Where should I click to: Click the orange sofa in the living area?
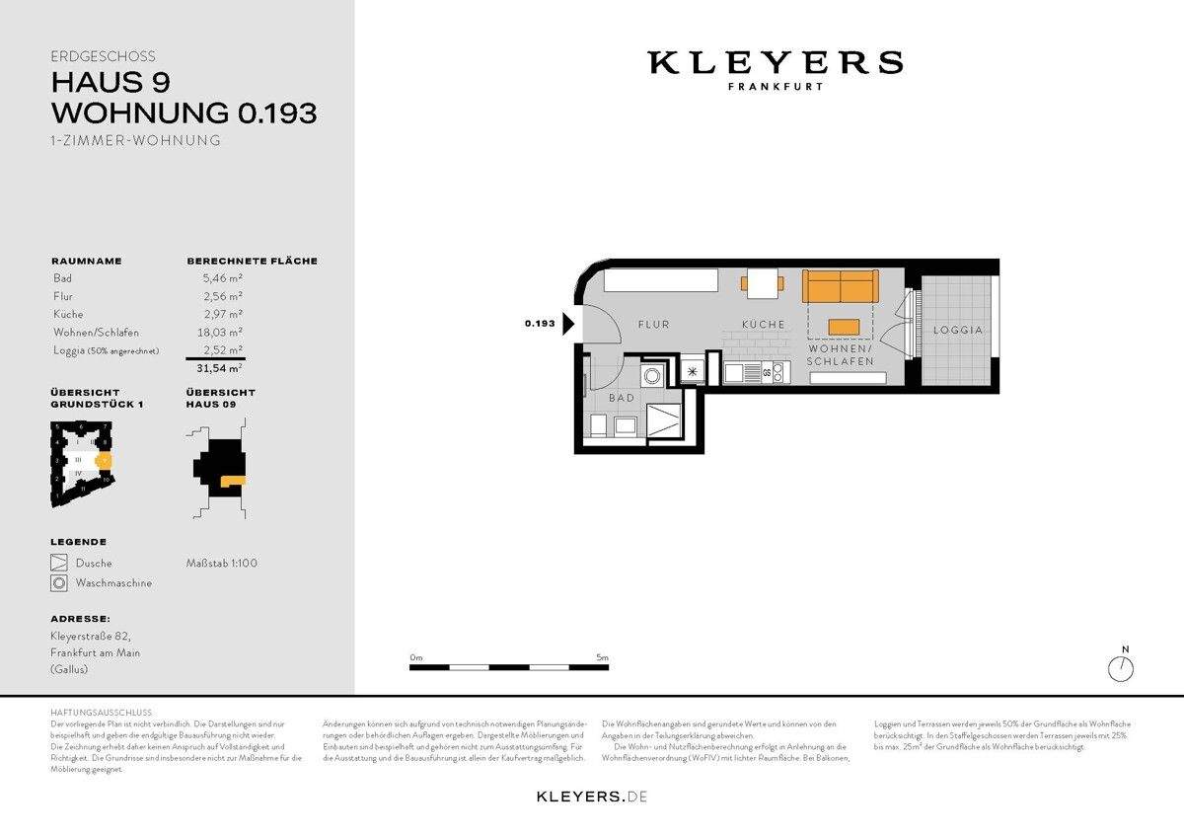(x=840, y=286)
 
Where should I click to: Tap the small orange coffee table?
(x=844, y=328)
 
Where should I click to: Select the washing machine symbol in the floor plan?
(x=652, y=376)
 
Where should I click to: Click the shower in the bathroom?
(x=661, y=420)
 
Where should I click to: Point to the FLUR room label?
(x=653, y=324)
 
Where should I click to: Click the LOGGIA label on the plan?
(x=958, y=330)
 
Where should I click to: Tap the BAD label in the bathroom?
(x=622, y=398)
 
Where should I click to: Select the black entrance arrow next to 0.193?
(x=568, y=324)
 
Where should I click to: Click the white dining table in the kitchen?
(x=762, y=283)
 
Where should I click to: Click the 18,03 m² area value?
(x=223, y=333)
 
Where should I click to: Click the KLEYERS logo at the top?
(x=775, y=64)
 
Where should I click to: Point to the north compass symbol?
(x=1121, y=668)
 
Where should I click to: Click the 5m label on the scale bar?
(x=602, y=657)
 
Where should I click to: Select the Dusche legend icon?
(x=59, y=564)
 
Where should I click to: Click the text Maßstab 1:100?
(x=222, y=564)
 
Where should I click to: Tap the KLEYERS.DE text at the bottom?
(x=591, y=796)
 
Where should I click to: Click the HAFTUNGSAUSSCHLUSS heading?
(x=101, y=712)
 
